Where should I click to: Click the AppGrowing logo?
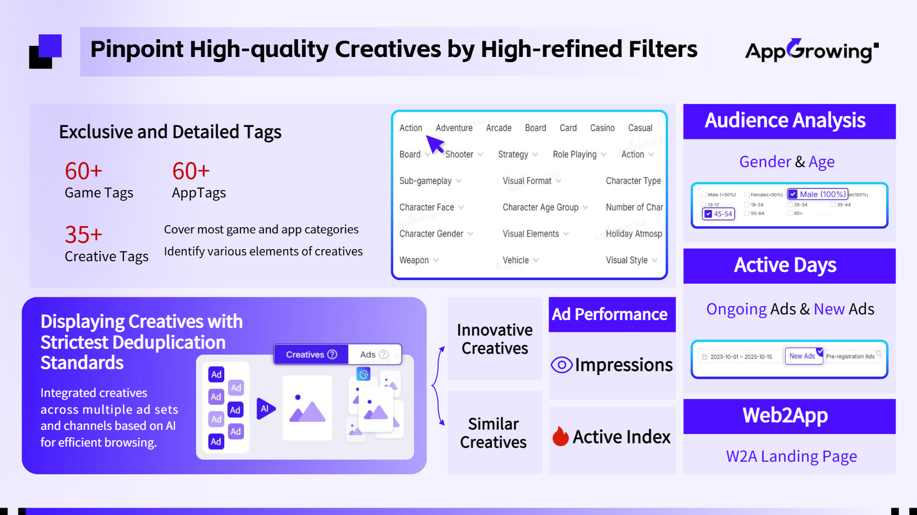[811, 51]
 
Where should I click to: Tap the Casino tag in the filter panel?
[602, 128]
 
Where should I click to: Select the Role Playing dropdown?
[579, 155]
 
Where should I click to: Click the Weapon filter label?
[414, 260]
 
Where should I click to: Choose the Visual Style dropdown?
[631, 260]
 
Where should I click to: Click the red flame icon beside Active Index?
[560, 436]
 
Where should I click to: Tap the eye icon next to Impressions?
[561, 365]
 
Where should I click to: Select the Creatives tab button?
[311, 355]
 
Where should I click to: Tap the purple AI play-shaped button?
[266, 408]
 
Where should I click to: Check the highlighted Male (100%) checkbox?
[794, 194]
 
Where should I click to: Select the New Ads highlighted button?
[803, 356]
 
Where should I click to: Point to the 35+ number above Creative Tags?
[83, 235]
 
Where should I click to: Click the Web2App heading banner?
[789, 416]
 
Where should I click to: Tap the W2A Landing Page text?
[791, 456]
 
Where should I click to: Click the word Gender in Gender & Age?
[765, 162]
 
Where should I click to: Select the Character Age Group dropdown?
[545, 207]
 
